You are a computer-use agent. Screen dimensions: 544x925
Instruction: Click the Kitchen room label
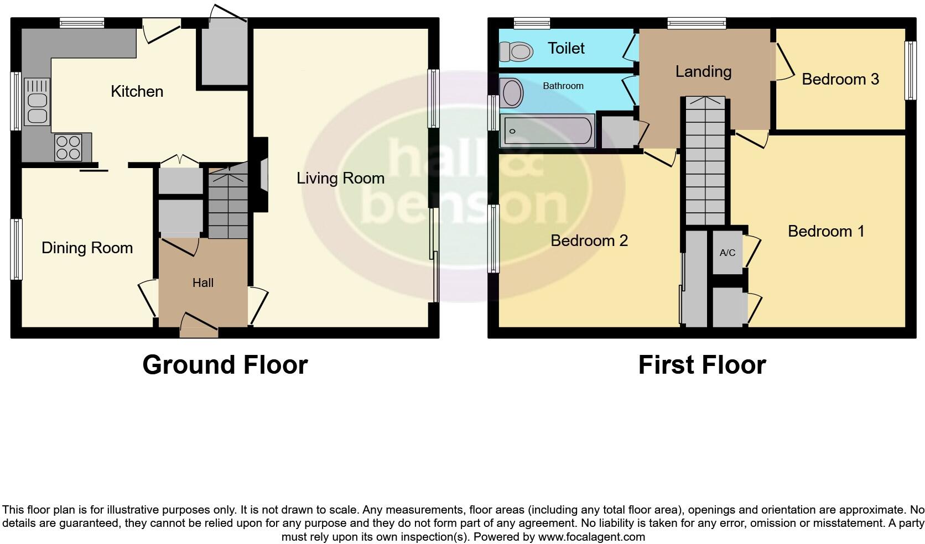137,91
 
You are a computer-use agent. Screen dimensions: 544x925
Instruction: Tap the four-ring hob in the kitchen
68,147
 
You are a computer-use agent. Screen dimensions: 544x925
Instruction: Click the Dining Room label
87,248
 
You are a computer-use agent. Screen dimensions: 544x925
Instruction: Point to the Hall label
202,283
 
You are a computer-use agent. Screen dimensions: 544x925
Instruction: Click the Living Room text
340,178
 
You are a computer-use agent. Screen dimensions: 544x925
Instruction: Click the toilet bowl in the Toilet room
517,52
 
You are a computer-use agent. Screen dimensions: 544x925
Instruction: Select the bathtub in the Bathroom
547,131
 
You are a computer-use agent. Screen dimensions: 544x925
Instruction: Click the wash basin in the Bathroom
512,92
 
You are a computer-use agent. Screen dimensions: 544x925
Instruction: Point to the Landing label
703,71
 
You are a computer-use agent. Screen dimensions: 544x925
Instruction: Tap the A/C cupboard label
727,253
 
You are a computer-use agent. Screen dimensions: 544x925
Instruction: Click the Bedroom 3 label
840,79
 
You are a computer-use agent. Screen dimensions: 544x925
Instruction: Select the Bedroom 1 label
825,231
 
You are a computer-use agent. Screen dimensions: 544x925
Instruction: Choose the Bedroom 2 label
589,240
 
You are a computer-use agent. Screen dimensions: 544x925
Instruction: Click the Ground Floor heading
225,365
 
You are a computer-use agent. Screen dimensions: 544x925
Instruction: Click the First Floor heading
701,365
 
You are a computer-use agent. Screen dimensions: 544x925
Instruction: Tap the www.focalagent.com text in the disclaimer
591,536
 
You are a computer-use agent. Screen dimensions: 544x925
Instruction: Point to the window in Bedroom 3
910,71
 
